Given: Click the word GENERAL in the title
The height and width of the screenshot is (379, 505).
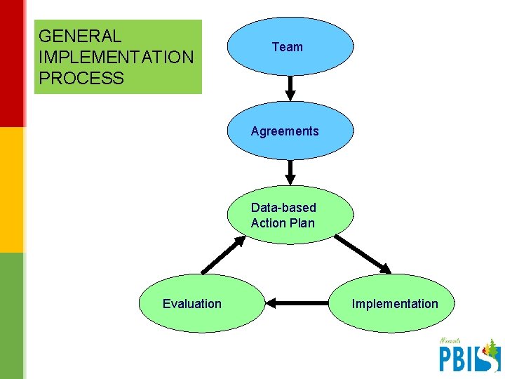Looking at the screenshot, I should click(80, 36).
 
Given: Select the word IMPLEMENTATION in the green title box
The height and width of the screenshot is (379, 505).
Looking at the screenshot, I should click(116, 57).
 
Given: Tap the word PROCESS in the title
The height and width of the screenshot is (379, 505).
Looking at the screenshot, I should click(81, 78).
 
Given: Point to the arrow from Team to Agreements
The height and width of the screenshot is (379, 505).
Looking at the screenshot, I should click(290, 88).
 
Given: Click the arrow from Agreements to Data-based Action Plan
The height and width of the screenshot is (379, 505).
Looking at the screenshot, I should click(290, 172).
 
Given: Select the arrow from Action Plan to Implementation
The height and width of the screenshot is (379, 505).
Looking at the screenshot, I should click(363, 253).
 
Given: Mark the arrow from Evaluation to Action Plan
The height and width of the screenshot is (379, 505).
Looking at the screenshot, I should click(224, 254).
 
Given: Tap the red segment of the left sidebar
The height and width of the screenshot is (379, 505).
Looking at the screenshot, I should click(12, 63).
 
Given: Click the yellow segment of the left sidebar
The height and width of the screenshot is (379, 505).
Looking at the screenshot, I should click(12, 189).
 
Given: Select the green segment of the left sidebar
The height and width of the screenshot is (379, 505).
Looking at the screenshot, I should click(12, 316).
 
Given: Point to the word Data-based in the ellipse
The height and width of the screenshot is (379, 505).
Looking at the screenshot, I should click(283, 208).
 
